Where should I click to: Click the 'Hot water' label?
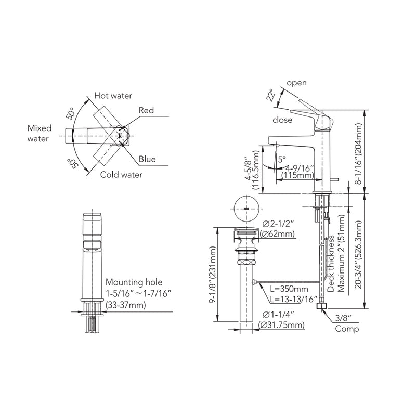pos(113,96)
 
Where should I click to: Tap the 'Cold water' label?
pos(121,175)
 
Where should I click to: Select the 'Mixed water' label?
pos(38,133)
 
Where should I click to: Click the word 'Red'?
pos(146,110)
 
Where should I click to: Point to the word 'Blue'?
pos(147,159)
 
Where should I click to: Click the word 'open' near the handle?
pos(296,83)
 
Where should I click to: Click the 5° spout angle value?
pos(281,160)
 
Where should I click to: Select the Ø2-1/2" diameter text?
pos(279,224)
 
